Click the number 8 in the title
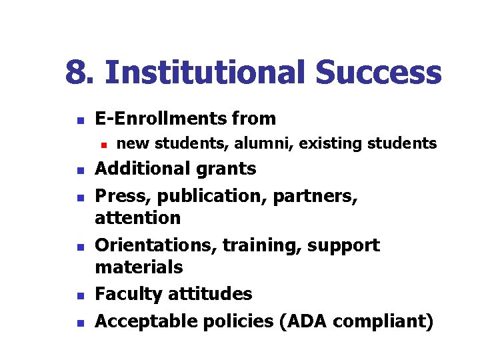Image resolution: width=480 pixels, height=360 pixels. [x=76, y=73]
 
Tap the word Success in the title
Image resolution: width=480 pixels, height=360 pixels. [x=378, y=73]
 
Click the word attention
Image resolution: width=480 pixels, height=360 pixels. [x=138, y=218]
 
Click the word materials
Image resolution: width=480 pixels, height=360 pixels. [x=139, y=267]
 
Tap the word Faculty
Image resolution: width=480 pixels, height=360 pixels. [x=127, y=294]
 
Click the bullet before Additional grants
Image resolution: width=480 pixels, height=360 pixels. [x=79, y=171]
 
